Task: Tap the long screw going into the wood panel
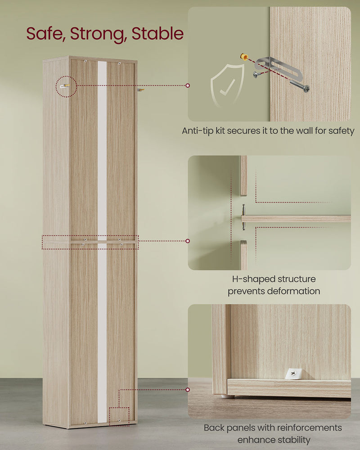298,85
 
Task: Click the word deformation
292,291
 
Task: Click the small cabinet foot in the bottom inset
229,396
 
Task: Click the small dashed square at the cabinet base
119,416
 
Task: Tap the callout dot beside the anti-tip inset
188,85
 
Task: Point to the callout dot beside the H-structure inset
188,241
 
